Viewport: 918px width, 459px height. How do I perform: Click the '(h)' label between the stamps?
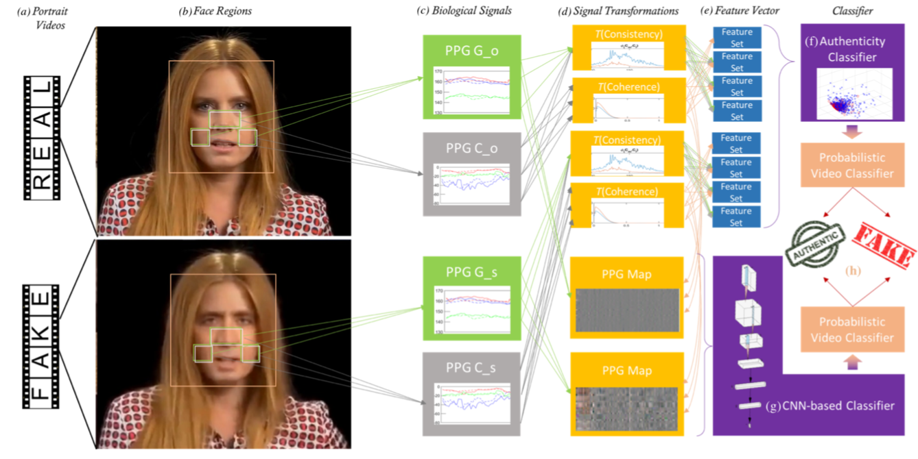(x=854, y=270)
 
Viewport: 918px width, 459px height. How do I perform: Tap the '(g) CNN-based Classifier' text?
(x=829, y=406)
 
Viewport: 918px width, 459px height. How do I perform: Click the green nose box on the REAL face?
(x=225, y=120)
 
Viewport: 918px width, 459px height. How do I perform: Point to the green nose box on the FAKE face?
(x=226, y=337)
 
